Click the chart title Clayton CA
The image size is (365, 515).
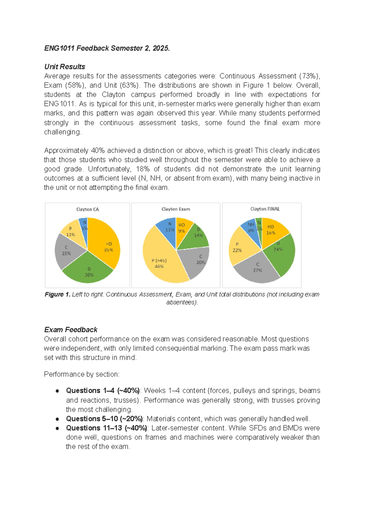coord(88,209)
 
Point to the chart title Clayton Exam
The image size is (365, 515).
coord(176,209)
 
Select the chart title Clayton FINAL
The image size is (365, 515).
coord(265,209)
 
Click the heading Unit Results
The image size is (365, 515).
coord(64,67)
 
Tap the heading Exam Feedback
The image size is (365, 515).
coord(71,330)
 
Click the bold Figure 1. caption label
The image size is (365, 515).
coord(57,294)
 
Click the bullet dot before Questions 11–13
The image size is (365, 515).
coord(57,428)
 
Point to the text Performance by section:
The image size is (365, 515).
coord(82,374)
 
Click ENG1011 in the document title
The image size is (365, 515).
coord(59,48)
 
